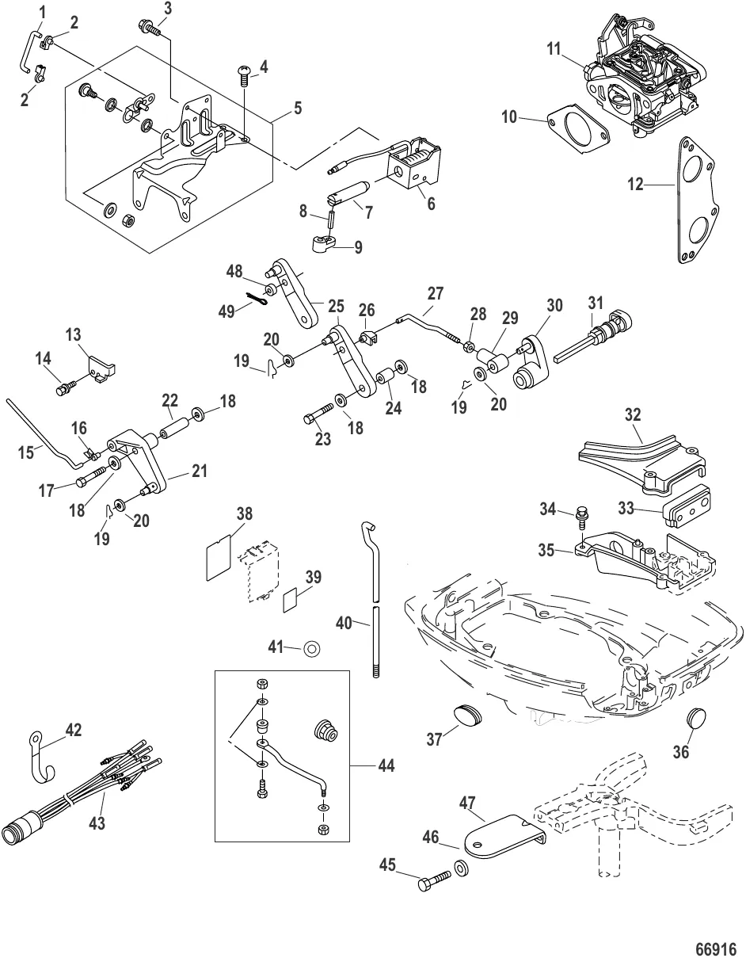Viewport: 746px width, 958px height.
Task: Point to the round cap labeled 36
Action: pyautogui.click(x=696, y=719)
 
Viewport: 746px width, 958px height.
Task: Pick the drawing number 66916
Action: pyautogui.click(x=716, y=948)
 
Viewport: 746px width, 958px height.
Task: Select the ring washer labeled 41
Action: pyautogui.click(x=311, y=649)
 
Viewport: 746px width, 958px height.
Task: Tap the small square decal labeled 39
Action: pyautogui.click(x=291, y=600)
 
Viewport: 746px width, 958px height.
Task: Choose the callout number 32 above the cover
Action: pyautogui.click(x=632, y=414)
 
